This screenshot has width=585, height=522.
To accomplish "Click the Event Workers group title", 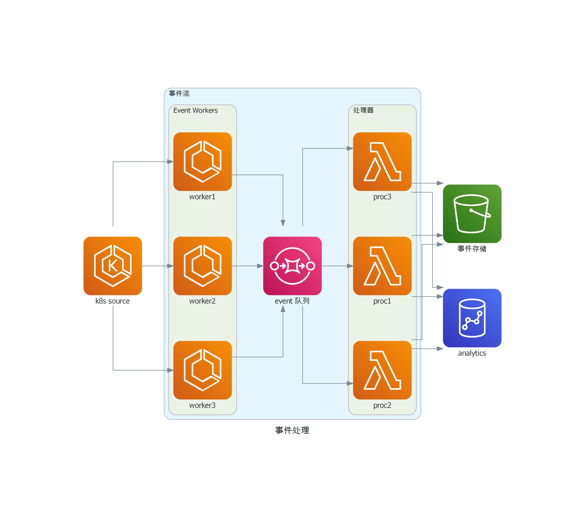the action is click(196, 110).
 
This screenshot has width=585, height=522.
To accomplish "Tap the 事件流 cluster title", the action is click(179, 93).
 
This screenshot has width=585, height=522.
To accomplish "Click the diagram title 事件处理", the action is click(292, 430).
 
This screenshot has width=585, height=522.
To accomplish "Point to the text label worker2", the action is click(202, 301).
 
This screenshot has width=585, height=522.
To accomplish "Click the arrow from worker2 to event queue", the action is click(247, 266).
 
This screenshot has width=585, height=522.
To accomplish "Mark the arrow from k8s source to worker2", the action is click(158, 266).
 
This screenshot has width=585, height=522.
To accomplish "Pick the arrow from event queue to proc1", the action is click(337, 266).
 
